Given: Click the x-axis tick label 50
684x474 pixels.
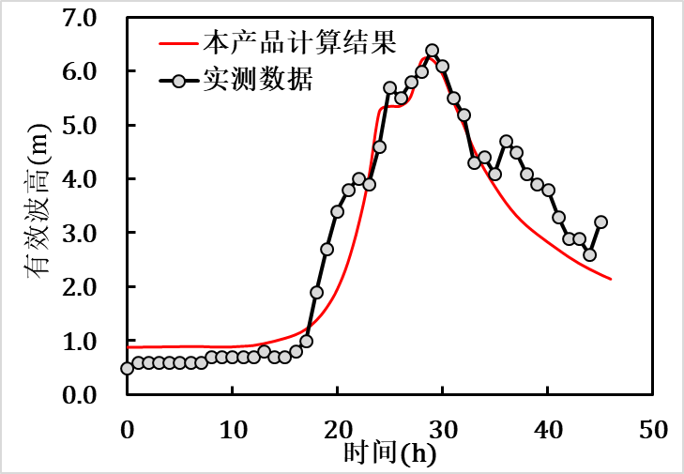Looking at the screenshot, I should [653, 430].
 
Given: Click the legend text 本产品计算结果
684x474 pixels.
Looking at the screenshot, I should [299, 42].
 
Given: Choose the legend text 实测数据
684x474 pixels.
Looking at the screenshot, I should [269, 80].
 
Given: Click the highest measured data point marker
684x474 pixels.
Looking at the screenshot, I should [432, 51].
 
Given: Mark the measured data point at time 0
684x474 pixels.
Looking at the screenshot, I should [128, 368].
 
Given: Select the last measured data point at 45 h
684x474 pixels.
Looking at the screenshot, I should [600, 222].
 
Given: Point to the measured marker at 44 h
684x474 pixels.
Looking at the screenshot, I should [589, 254].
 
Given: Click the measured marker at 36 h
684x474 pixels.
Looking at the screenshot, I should [506, 142].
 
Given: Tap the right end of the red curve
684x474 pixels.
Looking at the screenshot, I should [611, 279].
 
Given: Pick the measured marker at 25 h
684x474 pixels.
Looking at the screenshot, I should [389, 87].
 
